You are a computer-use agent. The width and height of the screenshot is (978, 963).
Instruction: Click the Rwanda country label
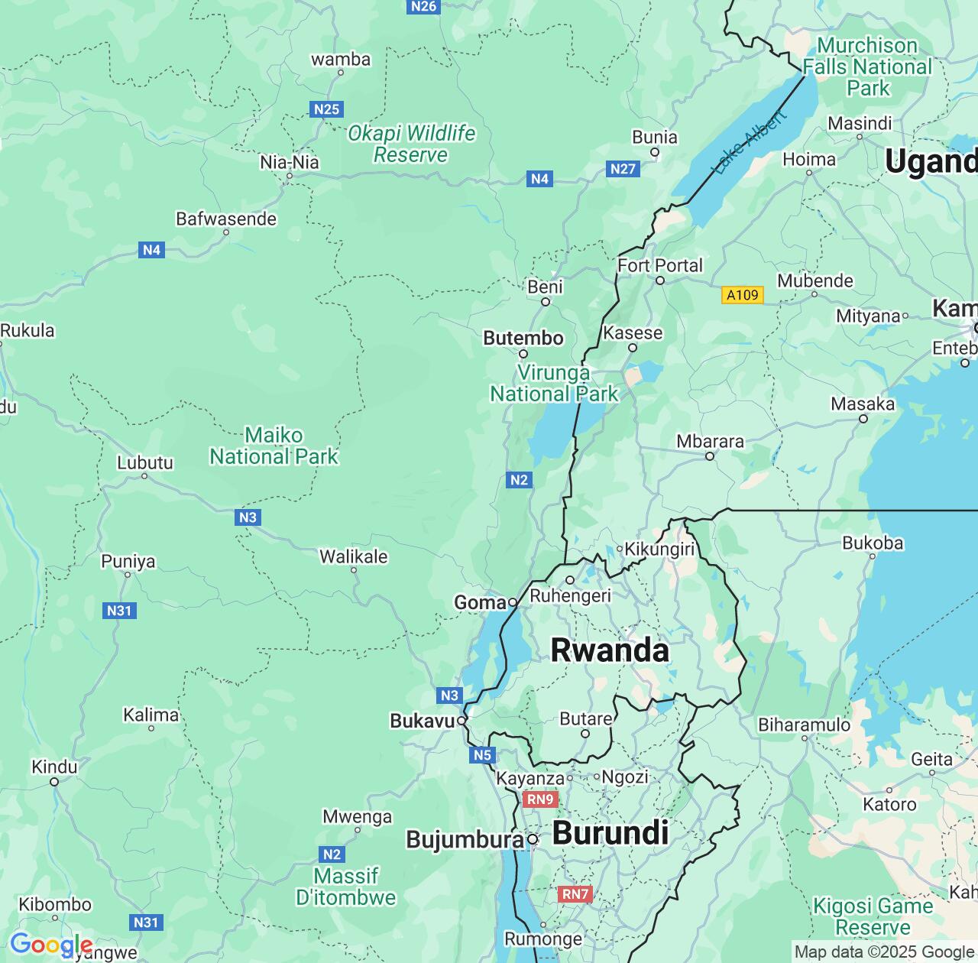pyautogui.click(x=610, y=650)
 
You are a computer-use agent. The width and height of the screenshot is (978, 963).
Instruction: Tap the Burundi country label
pyautogui.click(x=610, y=833)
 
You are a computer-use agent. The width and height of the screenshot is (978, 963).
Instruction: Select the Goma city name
pyautogui.click(x=480, y=603)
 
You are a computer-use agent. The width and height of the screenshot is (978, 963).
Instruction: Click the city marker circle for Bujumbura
pyautogui.click(x=533, y=840)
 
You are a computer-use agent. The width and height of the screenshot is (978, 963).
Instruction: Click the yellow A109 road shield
pyautogui.click(x=742, y=295)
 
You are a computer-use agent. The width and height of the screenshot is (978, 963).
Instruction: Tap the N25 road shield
pyautogui.click(x=326, y=109)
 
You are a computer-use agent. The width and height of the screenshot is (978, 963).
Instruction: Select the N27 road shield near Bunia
pyautogui.click(x=623, y=169)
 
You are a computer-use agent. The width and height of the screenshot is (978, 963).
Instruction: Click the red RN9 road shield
pyautogui.click(x=540, y=799)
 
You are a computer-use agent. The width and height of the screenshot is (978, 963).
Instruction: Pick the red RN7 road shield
pyautogui.click(x=575, y=894)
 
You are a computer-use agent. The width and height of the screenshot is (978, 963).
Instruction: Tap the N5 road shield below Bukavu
pyautogui.click(x=482, y=755)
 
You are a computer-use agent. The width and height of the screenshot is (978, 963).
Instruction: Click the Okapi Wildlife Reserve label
pyautogui.click(x=411, y=144)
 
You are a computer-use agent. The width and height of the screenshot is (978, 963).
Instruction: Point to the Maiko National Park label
pyautogui.click(x=274, y=446)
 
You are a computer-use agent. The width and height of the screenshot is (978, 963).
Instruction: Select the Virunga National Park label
pyautogui.click(x=554, y=384)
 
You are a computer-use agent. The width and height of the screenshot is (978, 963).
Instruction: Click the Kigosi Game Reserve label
pyautogui.click(x=873, y=916)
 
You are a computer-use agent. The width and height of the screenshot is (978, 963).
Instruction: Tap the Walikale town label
pyautogui.click(x=353, y=556)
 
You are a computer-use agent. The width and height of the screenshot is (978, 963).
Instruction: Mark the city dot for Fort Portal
pyautogui.click(x=660, y=280)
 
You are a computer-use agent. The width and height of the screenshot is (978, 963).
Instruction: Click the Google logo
pyautogui.click(x=50, y=945)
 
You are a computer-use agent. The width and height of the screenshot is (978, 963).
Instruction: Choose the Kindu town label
pyautogui.click(x=54, y=767)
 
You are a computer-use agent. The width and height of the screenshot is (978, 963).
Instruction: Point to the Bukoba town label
pyautogui.click(x=873, y=543)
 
